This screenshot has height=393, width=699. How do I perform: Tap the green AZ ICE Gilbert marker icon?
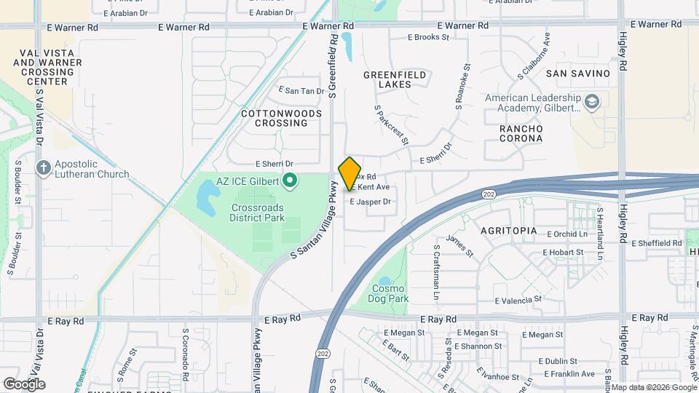tap(290, 180)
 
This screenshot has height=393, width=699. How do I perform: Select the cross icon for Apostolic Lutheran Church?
tap(43, 168)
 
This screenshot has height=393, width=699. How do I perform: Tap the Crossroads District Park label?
tap(256, 212)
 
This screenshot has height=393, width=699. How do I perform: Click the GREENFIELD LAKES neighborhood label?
tap(397, 79)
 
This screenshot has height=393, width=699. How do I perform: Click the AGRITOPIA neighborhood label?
tap(509, 231)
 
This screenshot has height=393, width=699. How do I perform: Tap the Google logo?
tap(24, 384)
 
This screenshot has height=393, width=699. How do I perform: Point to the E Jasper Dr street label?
tap(371, 202)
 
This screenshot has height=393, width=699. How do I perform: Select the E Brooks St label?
tap(429, 36)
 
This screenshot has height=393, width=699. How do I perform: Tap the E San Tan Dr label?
tap(301, 91)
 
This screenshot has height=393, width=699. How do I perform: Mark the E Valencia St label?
tap(518, 299)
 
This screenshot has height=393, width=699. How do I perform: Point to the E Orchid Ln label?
tap(565, 234)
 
